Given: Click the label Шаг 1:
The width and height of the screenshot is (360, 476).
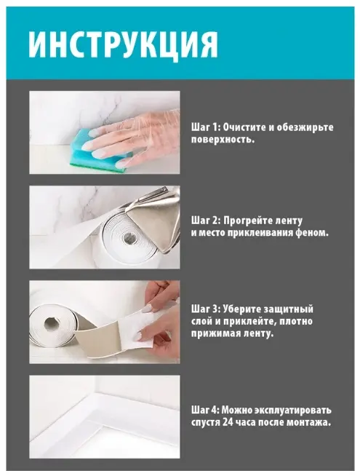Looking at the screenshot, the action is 205,127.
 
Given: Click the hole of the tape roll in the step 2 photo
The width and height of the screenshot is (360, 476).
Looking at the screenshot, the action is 129,237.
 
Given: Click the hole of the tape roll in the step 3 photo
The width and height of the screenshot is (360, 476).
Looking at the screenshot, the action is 52,325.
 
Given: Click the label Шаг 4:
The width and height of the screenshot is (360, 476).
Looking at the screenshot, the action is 205,410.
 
